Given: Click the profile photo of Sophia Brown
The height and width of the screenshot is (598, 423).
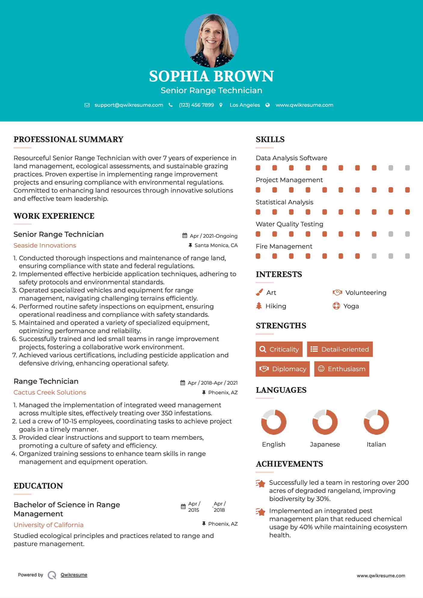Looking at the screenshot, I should (211, 40).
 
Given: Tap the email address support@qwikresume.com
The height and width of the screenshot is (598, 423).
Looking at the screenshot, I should (129, 105).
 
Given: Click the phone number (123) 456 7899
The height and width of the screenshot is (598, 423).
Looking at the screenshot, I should (196, 105).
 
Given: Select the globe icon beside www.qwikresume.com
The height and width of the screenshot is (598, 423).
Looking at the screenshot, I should (268, 105).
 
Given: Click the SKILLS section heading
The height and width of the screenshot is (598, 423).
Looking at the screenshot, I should (270, 139).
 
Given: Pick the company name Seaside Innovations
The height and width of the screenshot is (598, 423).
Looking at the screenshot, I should (45, 246).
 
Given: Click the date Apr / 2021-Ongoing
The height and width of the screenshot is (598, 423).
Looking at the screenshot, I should (213, 236).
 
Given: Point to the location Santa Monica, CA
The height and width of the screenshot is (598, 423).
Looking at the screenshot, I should (216, 245).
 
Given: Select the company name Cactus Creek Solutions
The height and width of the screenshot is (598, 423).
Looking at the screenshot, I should (50, 392).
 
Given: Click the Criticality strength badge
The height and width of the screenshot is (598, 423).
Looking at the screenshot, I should (279, 349).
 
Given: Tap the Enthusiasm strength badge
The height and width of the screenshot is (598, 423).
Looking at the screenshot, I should (342, 369).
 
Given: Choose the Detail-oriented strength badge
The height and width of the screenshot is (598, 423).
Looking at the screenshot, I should (340, 349).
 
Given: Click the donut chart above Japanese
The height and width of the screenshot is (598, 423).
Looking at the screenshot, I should (325, 422).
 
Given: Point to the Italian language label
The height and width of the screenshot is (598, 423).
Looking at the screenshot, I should (376, 444).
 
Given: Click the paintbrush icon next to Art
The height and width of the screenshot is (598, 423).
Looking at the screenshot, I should (259, 292).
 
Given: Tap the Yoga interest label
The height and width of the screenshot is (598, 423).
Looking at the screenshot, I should (351, 306).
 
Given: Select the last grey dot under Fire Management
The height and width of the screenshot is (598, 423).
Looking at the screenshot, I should (407, 256).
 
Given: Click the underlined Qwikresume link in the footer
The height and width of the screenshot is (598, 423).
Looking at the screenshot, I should (74, 575).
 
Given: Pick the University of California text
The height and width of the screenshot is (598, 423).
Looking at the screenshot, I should (48, 525).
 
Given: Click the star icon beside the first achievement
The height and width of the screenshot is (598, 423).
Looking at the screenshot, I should (261, 484).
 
